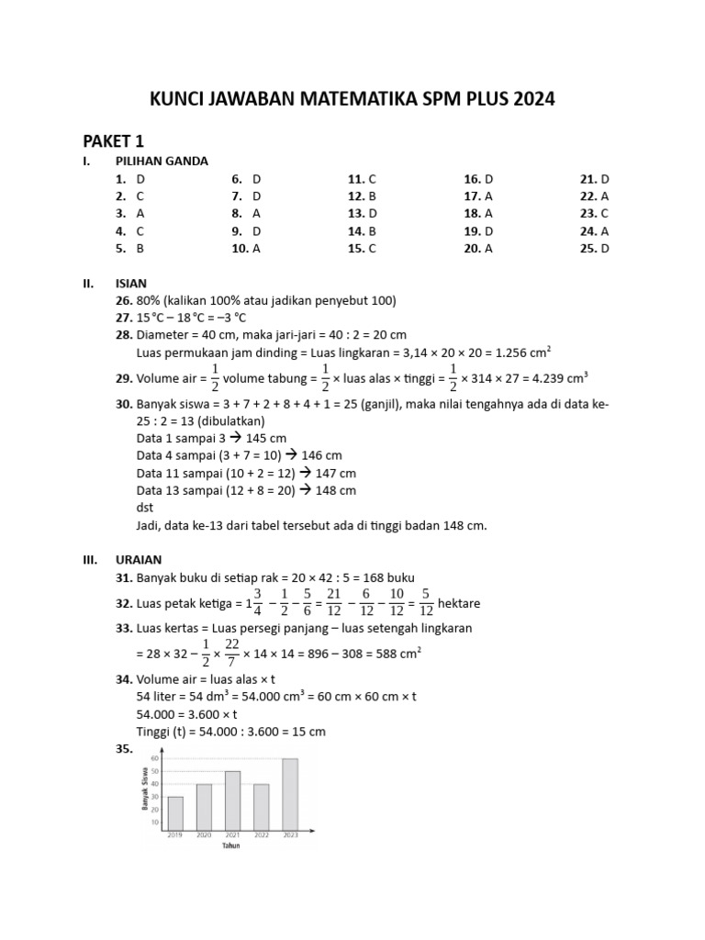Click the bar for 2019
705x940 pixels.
175,811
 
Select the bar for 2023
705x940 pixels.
290,793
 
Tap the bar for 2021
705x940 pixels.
232,800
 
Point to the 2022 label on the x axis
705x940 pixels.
262,834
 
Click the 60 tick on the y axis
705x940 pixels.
155,759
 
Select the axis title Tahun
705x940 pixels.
232,845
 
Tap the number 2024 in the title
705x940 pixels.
533,99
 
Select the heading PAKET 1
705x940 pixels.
114,141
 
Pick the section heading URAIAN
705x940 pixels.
139,559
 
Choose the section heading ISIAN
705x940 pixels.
131,284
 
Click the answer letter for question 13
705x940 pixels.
373,214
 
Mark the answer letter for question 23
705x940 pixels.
605,214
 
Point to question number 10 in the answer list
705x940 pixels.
240,248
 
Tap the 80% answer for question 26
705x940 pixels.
148,301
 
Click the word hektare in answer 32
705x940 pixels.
459,603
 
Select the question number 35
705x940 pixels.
125,749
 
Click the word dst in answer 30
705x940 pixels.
144,508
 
